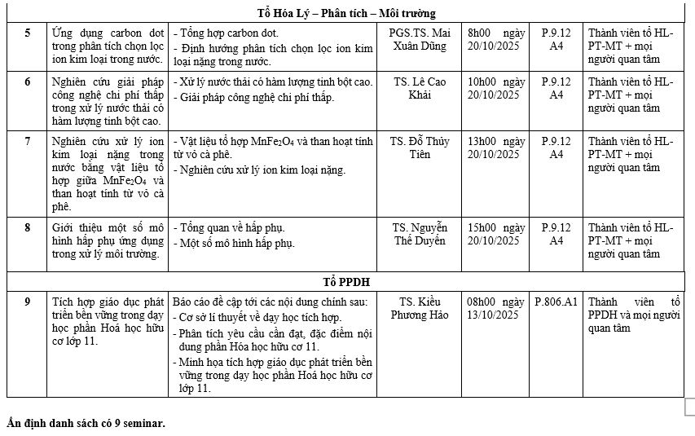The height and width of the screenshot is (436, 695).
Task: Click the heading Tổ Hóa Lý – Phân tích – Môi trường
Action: coord(345,13)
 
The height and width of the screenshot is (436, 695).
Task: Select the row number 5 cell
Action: coord(28,33)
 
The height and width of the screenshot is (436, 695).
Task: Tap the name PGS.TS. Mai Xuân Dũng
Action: coord(419,40)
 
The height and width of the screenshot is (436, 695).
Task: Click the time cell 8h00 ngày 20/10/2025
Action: coord(495,40)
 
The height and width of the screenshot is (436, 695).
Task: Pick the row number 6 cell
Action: coord(28,82)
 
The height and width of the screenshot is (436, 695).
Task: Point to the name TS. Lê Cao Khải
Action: coord(419,89)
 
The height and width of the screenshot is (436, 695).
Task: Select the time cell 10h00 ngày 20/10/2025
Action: coord(495,89)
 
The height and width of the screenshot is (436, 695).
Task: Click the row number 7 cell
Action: coord(28,141)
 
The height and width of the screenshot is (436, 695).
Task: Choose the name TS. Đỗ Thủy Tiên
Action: coord(419,148)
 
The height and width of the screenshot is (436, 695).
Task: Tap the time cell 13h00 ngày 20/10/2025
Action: coord(495,148)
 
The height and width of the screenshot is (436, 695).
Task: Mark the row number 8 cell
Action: coord(28,227)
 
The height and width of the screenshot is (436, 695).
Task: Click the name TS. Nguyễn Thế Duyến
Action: coord(419,234)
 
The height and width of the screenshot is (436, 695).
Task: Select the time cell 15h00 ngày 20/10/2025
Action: coord(495,234)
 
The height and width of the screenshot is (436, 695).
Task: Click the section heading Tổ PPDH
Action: coord(345,281)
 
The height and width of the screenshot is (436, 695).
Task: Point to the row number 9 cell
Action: coord(28,302)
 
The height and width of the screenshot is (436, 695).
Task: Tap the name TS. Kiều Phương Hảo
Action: coord(419,308)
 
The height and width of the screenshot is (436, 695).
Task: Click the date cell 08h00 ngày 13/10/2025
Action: coord(495,308)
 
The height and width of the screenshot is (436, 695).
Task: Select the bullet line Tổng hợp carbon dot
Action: coord(229,33)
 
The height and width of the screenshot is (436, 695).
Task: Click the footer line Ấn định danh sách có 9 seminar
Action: coord(86,423)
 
